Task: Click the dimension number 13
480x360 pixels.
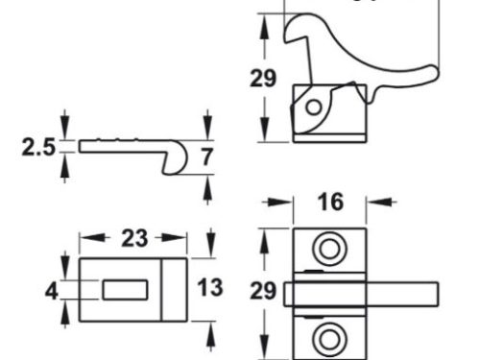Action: point(210,287)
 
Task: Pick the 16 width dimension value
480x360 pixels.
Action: point(329,204)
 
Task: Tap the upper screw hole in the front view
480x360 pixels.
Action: point(329,249)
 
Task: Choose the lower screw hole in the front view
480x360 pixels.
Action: point(329,336)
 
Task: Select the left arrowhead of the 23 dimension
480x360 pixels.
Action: point(84,239)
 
